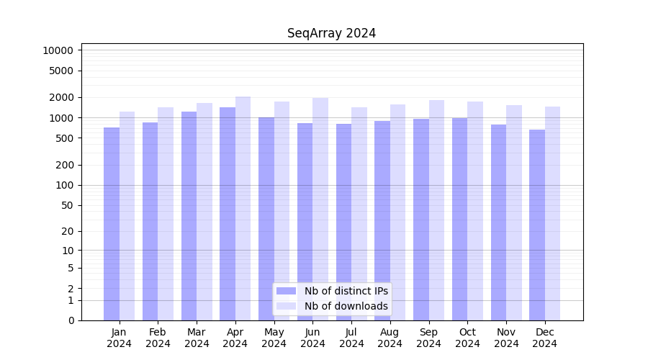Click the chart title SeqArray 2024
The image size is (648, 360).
tap(331, 33)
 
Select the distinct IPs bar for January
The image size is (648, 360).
tap(112, 223)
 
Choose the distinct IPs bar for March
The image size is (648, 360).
tap(189, 216)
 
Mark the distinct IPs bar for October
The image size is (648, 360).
tap(459, 219)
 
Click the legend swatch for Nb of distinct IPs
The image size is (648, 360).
tap(286, 291)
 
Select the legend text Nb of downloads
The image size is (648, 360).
tap(346, 306)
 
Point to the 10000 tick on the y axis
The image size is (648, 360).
tap(58, 50)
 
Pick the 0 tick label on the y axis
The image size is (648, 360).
tap(71, 320)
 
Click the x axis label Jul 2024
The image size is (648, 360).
tap(351, 338)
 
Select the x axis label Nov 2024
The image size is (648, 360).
tap(506, 338)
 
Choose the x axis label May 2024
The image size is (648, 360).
tap(274, 338)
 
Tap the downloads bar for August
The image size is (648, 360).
tap(397, 212)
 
